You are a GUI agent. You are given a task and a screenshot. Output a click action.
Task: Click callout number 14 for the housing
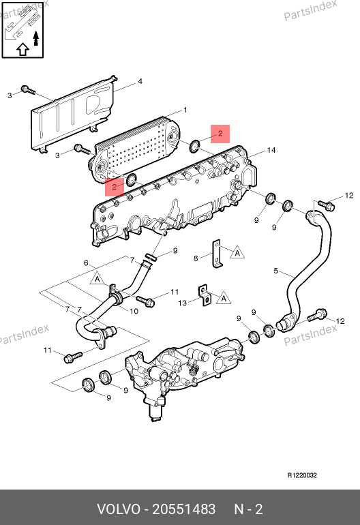(271, 150)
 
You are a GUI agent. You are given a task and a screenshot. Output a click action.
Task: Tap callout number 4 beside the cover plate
(140, 81)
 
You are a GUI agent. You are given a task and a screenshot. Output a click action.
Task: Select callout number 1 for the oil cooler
(185, 110)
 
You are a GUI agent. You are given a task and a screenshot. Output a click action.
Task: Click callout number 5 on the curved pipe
(275, 271)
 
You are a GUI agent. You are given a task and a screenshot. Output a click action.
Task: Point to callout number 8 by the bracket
(196, 258)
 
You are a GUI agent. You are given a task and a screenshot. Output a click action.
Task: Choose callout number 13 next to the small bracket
(182, 303)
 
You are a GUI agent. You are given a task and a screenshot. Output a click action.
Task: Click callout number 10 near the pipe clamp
(134, 312)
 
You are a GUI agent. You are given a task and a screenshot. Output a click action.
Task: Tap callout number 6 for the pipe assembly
(86, 262)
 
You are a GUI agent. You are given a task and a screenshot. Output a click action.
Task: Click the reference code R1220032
(302, 475)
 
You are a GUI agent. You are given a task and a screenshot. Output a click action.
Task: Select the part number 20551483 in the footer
(184, 509)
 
